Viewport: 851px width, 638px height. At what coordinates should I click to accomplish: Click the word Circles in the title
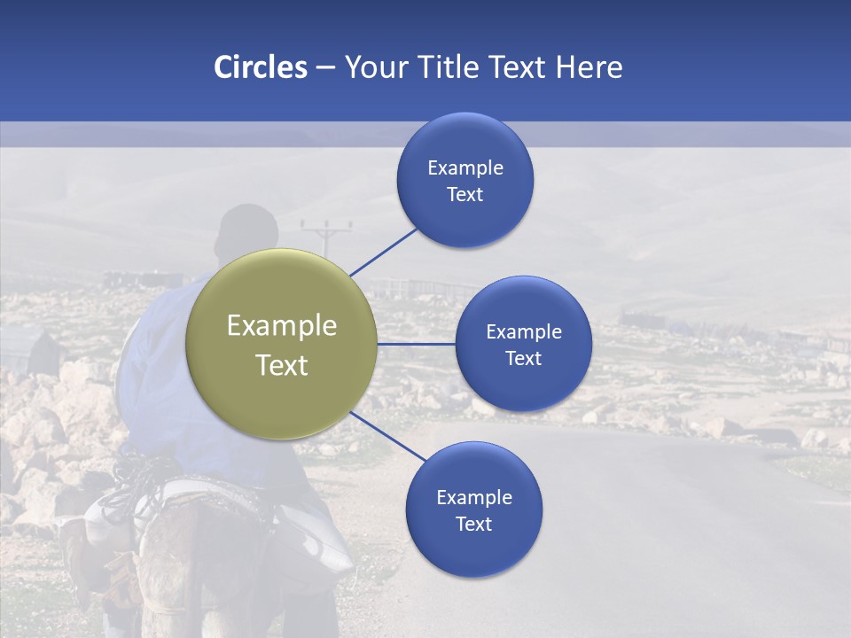pyautogui.click(x=260, y=67)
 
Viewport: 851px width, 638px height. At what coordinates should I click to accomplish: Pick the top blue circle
pyautogui.click(x=465, y=180)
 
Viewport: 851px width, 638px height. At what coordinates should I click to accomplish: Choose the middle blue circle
pyautogui.click(x=523, y=344)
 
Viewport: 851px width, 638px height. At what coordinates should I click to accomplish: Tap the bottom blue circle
pyautogui.click(x=473, y=510)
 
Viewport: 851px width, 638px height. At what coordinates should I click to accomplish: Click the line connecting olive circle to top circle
pyautogui.click(x=384, y=252)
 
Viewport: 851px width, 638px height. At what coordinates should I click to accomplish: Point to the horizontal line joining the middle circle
pyautogui.click(x=417, y=344)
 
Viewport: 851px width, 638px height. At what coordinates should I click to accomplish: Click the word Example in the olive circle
pyautogui.click(x=282, y=326)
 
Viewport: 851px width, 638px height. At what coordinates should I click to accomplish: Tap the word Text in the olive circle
pyautogui.click(x=282, y=365)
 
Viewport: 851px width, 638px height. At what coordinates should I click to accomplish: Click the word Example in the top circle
pyautogui.click(x=465, y=167)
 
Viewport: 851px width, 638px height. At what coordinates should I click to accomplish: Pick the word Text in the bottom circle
pyautogui.click(x=473, y=524)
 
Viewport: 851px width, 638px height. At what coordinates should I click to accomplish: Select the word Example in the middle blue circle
pyautogui.click(x=524, y=331)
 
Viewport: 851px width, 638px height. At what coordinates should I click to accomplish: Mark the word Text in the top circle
pyautogui.click(x=465, y=194)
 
